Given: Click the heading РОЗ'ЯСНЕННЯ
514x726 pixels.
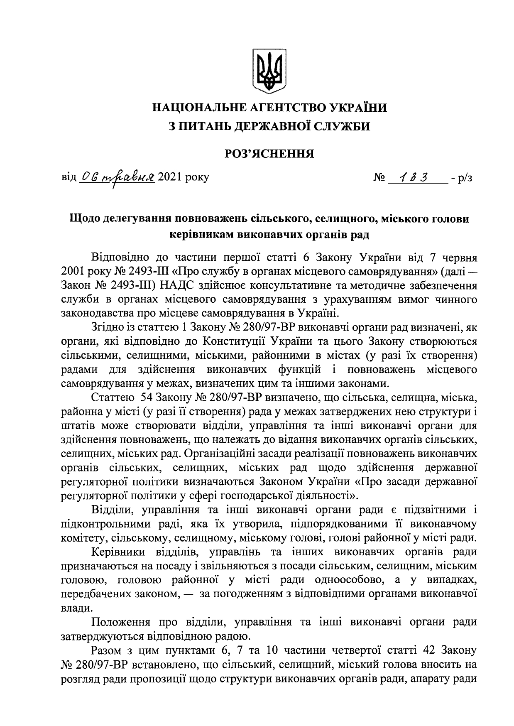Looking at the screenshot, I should (x=269, y=154).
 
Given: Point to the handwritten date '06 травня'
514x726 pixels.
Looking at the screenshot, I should (x=117, y=177).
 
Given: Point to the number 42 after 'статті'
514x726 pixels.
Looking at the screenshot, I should (x=430, y=650).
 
